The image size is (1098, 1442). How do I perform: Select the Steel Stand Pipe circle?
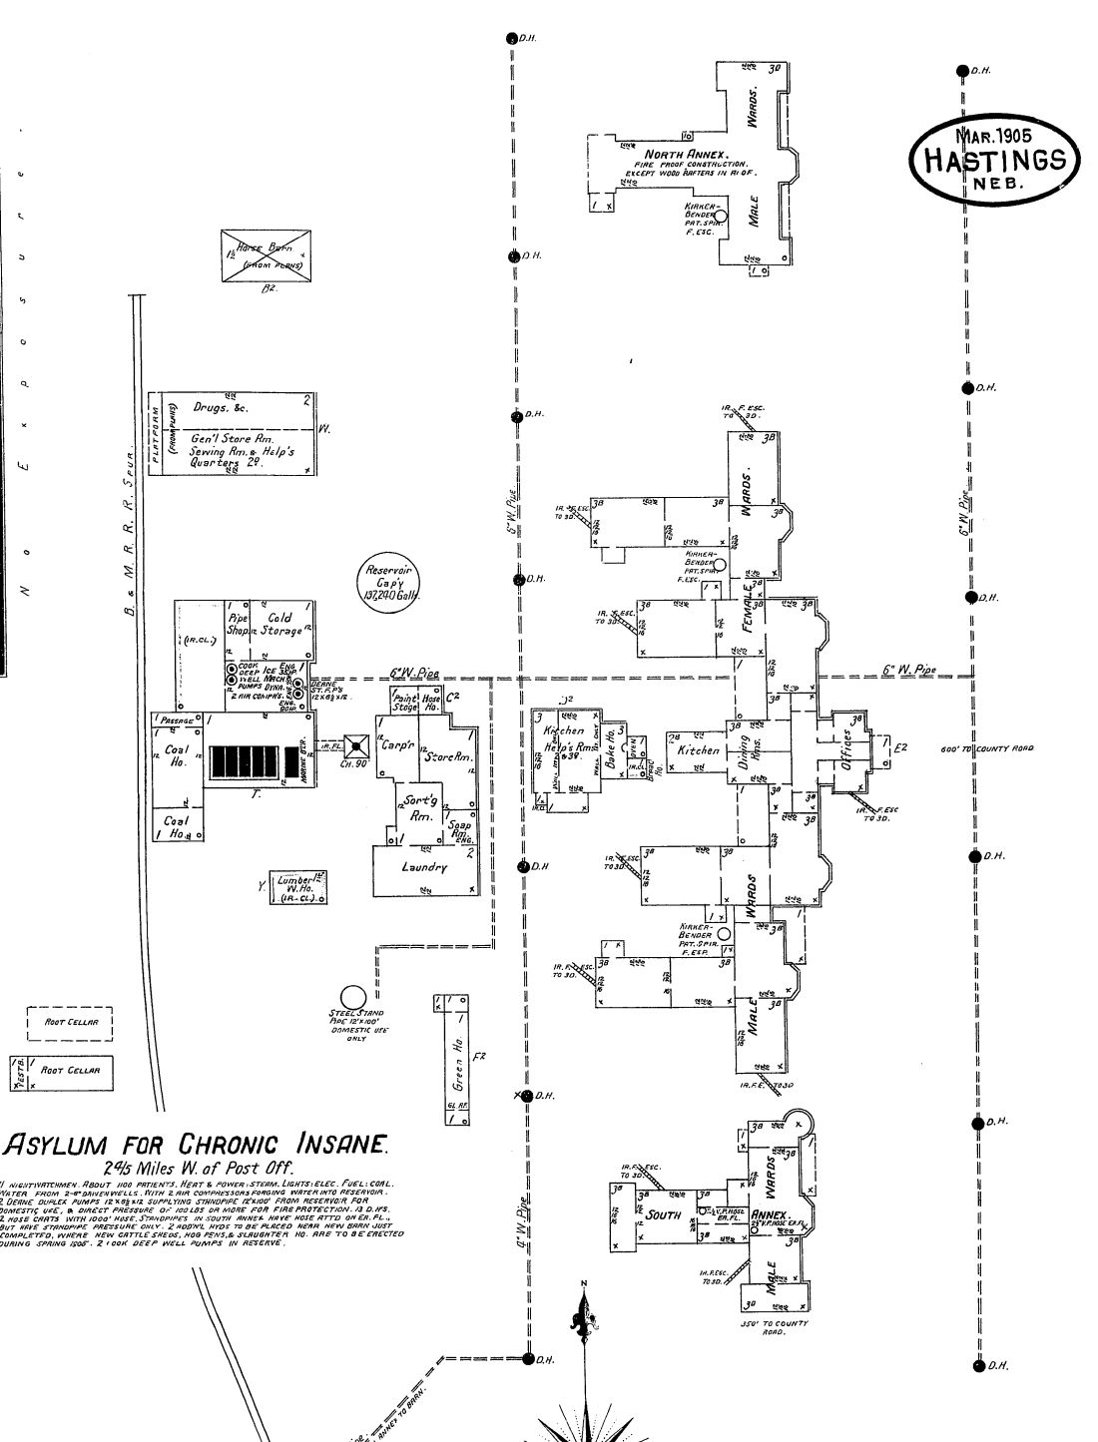point(351,998)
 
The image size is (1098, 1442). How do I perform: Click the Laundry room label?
point(424,867)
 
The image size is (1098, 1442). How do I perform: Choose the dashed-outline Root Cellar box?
point(69,1022)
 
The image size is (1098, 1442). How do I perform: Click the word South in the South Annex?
point(663,1214)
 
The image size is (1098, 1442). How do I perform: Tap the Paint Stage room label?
point(405,702)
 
